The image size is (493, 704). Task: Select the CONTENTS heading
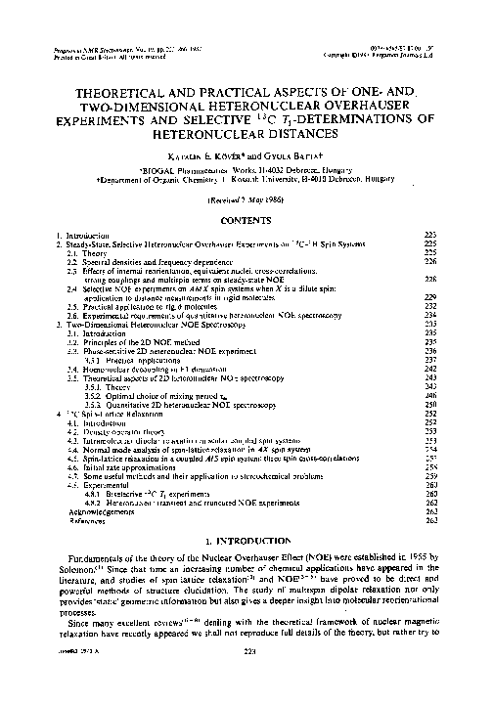[246, 222]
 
